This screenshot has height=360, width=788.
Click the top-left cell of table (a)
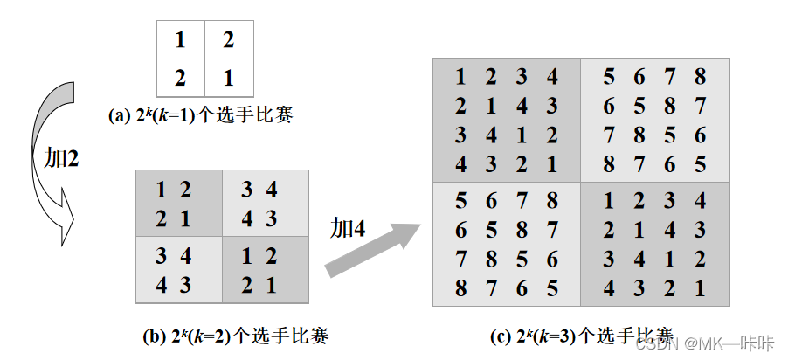181,40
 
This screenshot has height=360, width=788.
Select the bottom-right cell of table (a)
229,78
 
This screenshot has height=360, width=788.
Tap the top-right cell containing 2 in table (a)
229,40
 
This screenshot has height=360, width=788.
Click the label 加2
61,158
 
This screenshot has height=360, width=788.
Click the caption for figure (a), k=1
199,114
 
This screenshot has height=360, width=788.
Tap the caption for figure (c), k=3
581,335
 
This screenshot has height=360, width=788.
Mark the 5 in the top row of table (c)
609,77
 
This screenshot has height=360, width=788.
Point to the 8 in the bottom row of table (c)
460,287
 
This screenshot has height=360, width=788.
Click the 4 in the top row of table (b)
271,190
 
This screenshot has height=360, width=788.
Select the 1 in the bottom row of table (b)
271,284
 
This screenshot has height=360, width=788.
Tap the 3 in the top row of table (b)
246,190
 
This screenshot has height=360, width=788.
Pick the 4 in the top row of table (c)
552,77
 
